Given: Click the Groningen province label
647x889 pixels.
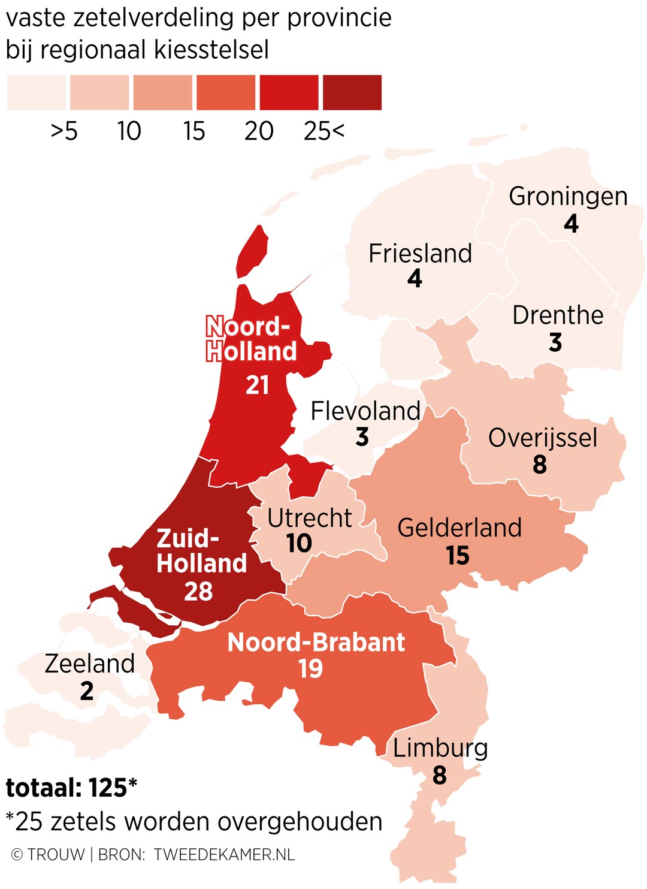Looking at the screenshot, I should tap(568, 197).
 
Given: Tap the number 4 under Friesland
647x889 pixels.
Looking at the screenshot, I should tap(415, 279).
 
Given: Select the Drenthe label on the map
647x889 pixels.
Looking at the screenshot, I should tap(558, 315).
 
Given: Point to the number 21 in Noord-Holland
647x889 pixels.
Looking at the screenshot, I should tap(258, 385).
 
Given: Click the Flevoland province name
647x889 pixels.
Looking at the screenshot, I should tap(365, 411).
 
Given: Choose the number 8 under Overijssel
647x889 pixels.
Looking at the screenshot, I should tap(540, 465).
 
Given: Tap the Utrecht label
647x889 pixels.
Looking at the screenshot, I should tap(310, 518).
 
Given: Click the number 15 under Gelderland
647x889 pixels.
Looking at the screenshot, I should tap(458, 556).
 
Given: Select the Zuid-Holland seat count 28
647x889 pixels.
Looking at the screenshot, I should tap(198, 592).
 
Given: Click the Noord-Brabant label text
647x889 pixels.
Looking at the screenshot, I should tap(316, 643).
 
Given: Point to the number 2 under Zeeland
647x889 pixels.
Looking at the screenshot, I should tap(87, 692).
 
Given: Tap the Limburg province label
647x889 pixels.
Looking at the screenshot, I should tap(440, 748).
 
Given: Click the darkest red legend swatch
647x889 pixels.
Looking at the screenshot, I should tap(352, 92).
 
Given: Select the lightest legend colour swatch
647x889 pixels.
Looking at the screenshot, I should tap(36, 92).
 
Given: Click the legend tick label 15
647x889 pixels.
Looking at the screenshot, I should tap(194, 131).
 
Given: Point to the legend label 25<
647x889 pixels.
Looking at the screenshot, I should tap(324, 131).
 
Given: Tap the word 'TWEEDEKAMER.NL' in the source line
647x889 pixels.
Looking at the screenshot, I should tap(224, 855).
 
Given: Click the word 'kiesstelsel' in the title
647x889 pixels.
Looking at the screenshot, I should tap(211, 50).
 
